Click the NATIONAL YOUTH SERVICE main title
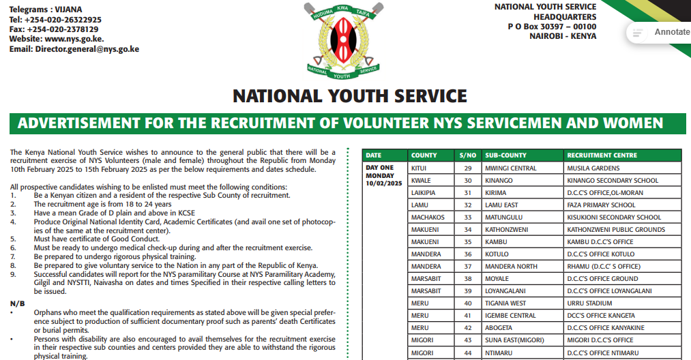point(349,96)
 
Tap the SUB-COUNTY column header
point(505,155)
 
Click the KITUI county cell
point(419,168)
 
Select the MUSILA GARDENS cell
point(593,168)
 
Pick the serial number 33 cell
point(468,217)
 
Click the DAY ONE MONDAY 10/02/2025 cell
point(384,175)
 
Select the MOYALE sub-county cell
point(497,279)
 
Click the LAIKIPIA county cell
point(424,193)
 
